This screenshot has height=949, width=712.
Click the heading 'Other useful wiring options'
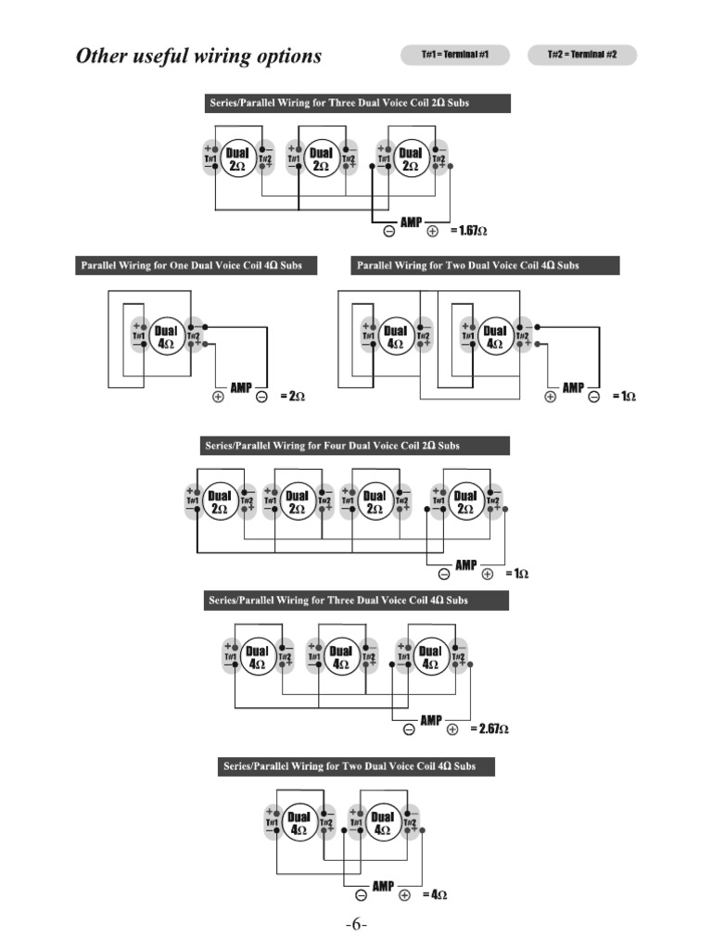198,57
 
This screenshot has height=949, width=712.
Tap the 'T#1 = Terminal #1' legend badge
455,56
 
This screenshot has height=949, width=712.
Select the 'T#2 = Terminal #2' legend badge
582,56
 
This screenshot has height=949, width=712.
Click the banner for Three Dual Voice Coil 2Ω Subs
357,103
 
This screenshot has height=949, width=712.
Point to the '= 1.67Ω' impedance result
468,230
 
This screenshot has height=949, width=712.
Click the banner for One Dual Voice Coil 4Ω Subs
191,266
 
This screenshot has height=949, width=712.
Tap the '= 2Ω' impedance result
292,397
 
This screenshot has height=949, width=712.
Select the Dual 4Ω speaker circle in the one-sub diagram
166,335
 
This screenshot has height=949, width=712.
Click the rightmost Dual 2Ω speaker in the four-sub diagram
464,501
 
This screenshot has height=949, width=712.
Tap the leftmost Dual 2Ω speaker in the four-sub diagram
219,501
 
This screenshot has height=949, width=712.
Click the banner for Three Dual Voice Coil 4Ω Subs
356,601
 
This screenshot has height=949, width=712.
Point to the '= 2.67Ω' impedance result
489,729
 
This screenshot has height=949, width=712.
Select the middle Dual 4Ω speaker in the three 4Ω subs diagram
341,658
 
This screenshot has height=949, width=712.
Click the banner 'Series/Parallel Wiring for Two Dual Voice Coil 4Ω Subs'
356,766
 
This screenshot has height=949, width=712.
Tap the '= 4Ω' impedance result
435,895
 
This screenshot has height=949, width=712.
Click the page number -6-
356,926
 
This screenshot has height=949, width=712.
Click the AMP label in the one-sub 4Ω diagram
240,387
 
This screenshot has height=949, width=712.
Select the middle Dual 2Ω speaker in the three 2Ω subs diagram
321,159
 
